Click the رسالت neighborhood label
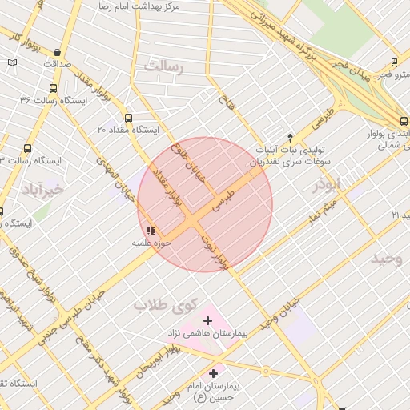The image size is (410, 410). point(163,67)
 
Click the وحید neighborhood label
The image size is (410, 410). point(385,258)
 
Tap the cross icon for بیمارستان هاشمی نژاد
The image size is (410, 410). point(207,320)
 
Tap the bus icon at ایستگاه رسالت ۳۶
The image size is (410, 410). point(53,89)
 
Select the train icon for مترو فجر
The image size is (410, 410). point(394,62)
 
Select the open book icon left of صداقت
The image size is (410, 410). point(11,62)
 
